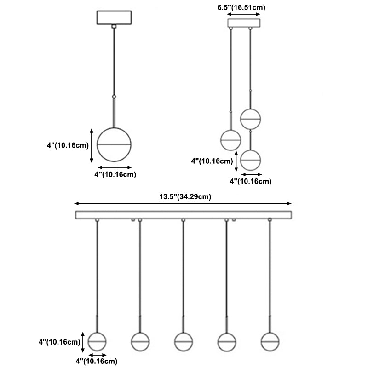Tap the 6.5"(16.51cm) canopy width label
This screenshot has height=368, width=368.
241,7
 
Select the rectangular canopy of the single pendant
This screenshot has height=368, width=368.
114,18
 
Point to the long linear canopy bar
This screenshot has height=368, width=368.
184,215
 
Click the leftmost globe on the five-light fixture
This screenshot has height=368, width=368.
97,341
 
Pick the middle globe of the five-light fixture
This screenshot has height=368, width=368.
183,341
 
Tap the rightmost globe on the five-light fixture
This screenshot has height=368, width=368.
270,341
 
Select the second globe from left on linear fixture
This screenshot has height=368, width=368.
140,341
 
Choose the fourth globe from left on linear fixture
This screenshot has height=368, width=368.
226,341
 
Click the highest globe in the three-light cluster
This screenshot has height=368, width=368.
251,118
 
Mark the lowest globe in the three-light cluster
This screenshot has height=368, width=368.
251,160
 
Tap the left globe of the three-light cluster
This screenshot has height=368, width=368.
230,140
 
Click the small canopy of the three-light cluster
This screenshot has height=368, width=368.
244,23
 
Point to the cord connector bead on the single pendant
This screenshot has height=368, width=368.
114,97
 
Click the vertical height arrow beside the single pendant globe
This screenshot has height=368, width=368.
92,145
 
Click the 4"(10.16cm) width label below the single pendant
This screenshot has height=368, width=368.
115,174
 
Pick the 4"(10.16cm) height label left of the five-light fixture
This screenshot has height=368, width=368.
60,342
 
